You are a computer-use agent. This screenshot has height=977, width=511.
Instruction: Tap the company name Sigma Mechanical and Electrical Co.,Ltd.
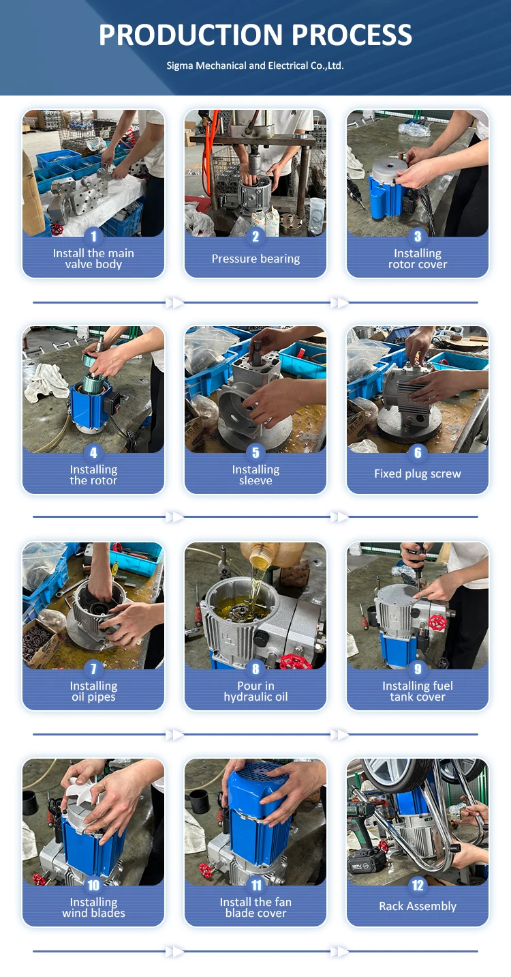point(255,66)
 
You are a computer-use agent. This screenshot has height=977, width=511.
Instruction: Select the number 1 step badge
point(93,236)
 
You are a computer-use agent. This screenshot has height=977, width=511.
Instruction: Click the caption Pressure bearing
point(255,259)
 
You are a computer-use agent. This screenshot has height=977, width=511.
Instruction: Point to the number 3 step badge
point(418,236)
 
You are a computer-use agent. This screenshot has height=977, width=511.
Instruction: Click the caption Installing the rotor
point(93,475)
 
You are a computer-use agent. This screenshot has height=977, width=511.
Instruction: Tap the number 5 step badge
point(255,453)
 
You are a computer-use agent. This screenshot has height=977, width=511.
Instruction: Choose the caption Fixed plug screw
point(418,473)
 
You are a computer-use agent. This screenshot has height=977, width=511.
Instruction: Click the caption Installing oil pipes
point(93,691)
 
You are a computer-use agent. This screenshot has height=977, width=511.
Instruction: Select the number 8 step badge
point(255,669)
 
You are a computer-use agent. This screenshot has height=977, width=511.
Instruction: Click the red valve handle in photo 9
point(437,623)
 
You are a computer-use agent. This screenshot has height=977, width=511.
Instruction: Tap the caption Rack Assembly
point(418,906)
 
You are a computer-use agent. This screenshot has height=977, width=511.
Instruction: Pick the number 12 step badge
point(418,885)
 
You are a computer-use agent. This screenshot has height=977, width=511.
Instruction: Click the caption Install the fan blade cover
point(255,907)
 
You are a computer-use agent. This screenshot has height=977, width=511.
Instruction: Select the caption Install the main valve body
point(93,259)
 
